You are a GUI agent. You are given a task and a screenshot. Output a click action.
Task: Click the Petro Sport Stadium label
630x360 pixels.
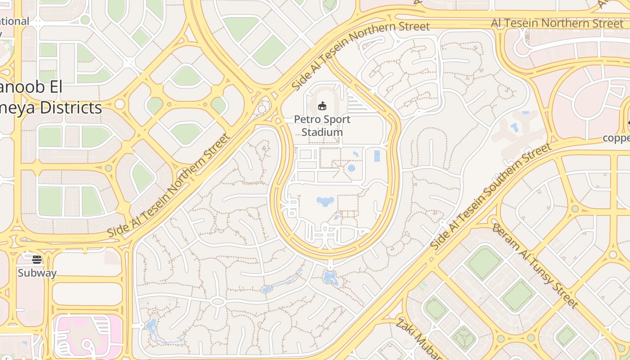click(x=322, y=126)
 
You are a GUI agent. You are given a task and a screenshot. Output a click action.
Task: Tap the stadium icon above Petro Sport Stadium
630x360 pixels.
click(x=322, y=106)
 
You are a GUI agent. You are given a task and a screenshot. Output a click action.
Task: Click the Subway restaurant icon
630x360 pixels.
click(x=37, y=260)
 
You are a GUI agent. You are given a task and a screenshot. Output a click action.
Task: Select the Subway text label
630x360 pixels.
click(x=37, y=273)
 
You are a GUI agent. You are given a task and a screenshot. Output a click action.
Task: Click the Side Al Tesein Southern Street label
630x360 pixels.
click(x=490, y=196)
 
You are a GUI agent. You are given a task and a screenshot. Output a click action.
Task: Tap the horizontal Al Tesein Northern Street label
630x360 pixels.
click(x=557, y=23)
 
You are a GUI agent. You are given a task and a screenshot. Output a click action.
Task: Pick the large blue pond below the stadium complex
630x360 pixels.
click(x=325, y=201)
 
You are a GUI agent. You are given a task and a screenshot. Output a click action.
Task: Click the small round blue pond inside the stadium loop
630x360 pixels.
click(x=351, y=168)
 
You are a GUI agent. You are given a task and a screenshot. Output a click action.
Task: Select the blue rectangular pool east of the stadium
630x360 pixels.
click(x=377, y=156)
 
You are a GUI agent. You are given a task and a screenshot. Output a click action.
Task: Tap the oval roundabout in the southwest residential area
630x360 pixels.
click(x=218, y=301)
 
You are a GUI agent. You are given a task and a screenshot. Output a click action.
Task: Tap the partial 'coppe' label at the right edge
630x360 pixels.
click(x=616, y=138)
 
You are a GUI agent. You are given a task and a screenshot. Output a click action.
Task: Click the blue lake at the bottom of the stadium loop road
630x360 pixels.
click(x=330, y=278)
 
